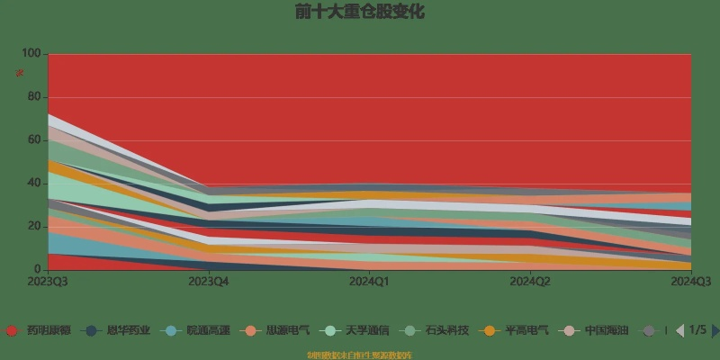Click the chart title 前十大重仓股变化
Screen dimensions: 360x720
tap(360, 13)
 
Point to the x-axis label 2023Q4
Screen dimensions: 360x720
tap(209, 282)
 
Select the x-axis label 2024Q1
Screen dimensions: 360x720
tap(370, 282)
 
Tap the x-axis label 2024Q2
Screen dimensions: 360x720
tap(530, 282)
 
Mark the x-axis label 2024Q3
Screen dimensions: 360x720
tap(690, 282)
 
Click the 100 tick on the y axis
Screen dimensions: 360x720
tap(31, 54)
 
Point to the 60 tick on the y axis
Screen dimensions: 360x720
tap(34, 140)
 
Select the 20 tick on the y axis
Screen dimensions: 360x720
tap(34, 226)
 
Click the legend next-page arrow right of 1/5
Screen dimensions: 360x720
tap(715, 330)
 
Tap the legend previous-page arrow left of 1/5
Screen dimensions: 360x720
tap(680, 330)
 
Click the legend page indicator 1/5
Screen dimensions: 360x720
tap(697, 330)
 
